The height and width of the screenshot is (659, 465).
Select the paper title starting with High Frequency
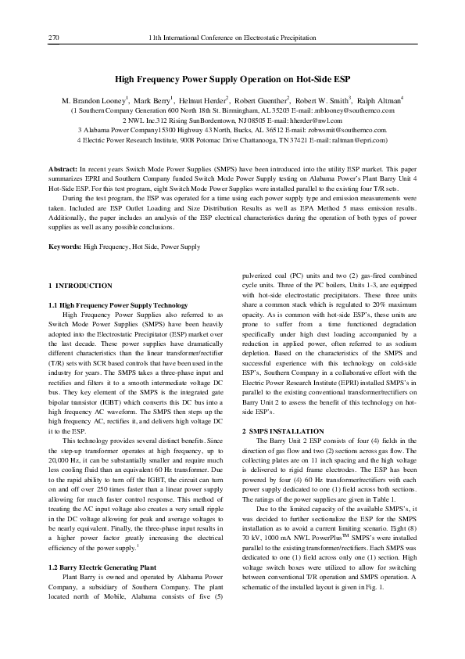tap(232, 80)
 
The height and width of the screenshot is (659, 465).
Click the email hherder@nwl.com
tap(316, 121)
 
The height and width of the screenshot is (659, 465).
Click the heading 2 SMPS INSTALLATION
tap(283, 431)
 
